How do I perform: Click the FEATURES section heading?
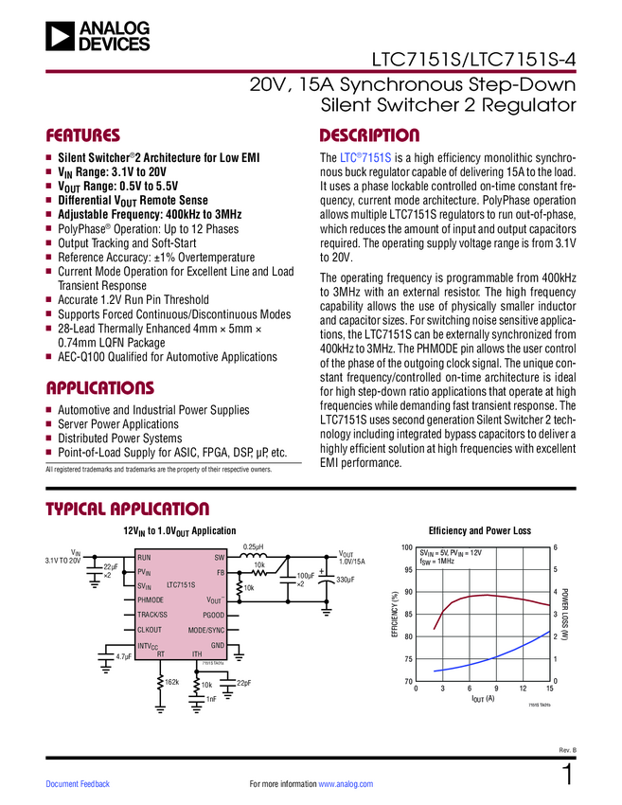click(83, 135)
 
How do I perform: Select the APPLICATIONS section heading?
click(99, 388)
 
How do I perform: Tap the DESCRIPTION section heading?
click(369, 135)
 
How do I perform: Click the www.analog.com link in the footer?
click(347, 784)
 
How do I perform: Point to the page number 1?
click(568, 776)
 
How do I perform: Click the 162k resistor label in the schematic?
click(171, 682)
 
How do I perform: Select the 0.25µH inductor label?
click(254, 546)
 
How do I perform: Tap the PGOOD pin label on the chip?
click(213, 616)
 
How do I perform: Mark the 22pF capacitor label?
click(243, 683)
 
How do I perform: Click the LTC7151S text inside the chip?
click(180, 586)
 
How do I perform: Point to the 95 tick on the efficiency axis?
click(407, 570)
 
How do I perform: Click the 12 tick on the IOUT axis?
click(523, 689)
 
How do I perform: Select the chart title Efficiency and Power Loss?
click(480, 531)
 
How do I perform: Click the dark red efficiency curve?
click(483, 596)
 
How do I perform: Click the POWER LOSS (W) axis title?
click(565, 615)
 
